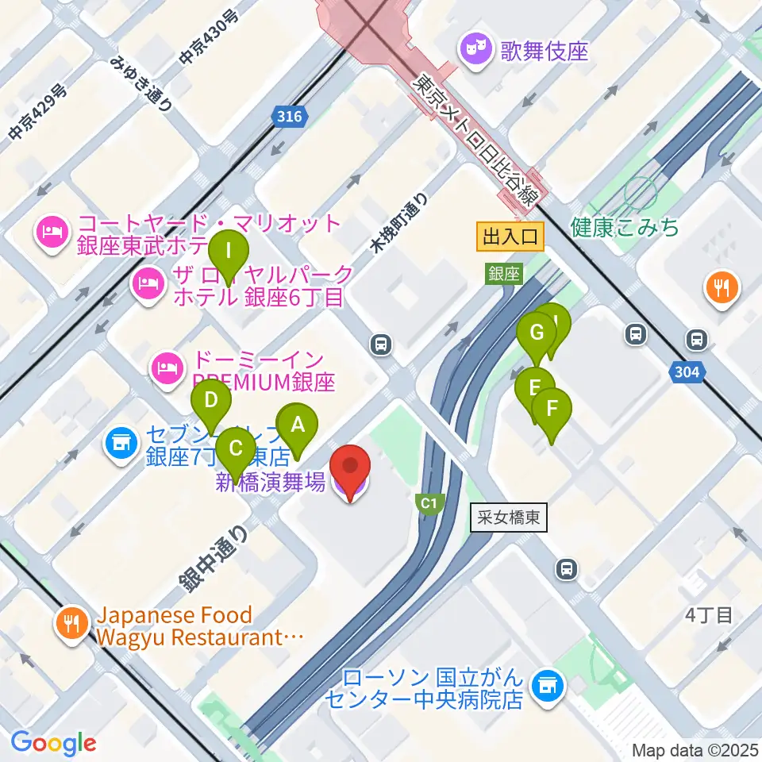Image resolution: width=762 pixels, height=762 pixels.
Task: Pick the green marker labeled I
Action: coord(229,253)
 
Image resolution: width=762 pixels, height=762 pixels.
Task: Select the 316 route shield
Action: coord(290,117)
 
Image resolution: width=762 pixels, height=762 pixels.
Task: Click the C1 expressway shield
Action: coord(429,503)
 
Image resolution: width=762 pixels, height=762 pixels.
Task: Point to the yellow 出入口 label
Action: coord(511,236)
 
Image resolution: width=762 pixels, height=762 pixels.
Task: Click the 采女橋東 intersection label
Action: coord(510,518)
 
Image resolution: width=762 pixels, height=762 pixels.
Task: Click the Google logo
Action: coord(53,743)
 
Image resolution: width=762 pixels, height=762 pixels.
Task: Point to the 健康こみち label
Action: coord(625,229)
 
